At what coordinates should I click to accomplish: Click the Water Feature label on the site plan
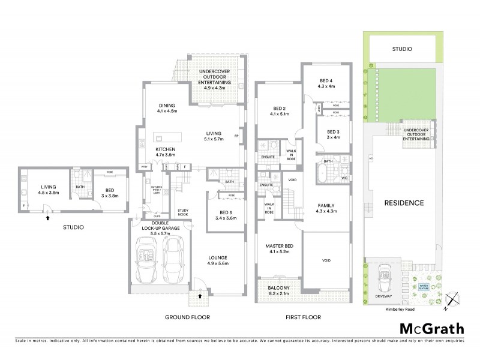(424, 286)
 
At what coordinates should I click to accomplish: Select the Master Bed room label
(279, 247)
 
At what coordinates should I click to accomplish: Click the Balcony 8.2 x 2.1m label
(278, 290)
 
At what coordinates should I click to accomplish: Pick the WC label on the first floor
(344, 178)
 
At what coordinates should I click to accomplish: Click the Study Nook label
(183, 212)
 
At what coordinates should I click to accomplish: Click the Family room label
(326, 208)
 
